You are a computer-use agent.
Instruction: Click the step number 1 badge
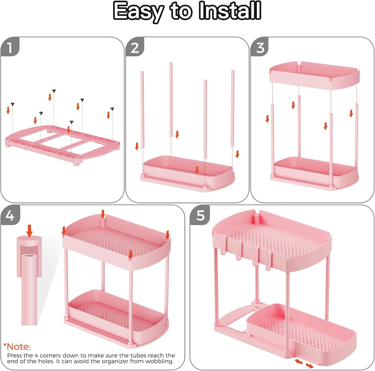(10, 47)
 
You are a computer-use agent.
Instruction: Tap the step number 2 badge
(135, 47)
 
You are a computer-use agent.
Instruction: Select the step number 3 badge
(260, 47)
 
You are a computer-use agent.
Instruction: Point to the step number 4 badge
(10, 215)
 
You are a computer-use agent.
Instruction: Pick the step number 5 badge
(200, 215)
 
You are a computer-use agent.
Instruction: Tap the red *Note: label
(17, 347)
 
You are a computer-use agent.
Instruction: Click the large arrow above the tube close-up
(30, 231)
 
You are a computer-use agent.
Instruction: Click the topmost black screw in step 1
(54, 91)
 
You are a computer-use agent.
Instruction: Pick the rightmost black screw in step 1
(112, 109)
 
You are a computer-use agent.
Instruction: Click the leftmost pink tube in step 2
(142, 110)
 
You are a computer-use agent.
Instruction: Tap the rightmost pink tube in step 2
(233, 108)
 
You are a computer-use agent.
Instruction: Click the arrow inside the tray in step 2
(197, 170)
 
